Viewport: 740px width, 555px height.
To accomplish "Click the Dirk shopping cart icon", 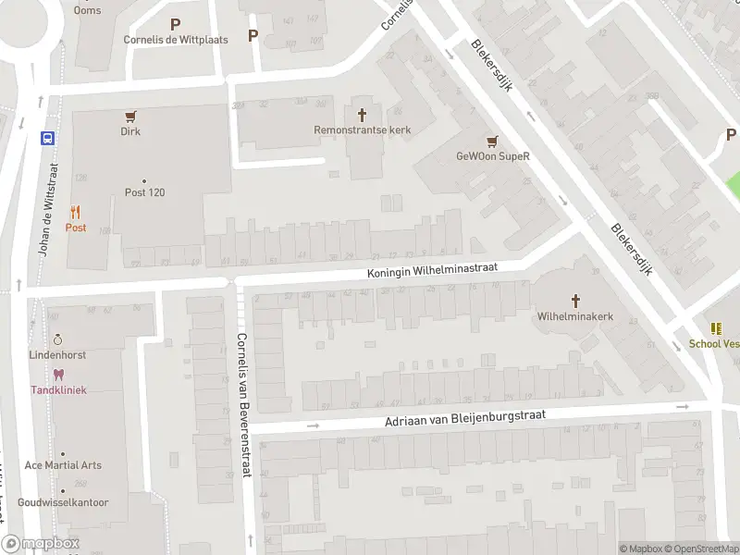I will [x=130, y=117].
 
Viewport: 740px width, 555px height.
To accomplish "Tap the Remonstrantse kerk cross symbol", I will [x=362, y=115].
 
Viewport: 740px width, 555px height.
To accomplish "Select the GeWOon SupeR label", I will [x=492, y=156].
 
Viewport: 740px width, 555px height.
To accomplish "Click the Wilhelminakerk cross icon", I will [x=575, y=301].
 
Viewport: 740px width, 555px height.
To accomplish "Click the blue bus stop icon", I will [x=46, y=139].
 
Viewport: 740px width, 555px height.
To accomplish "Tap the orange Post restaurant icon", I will [x=75, y=212].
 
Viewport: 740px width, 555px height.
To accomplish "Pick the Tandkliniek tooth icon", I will [x=58, y=375].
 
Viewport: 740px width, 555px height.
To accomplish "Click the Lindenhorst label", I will [x=58, y=355].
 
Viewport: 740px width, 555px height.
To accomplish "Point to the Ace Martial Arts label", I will [x=63, y=465].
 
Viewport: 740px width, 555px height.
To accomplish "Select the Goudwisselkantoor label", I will [x=68, y=503].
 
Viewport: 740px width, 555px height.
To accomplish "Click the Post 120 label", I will [x=144, y=192].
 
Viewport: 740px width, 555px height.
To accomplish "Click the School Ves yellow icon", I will [x=716, y=328].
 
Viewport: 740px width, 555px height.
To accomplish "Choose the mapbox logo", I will [x=41, y=544].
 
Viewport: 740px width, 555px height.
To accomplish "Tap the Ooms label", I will [x=88, y=10].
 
